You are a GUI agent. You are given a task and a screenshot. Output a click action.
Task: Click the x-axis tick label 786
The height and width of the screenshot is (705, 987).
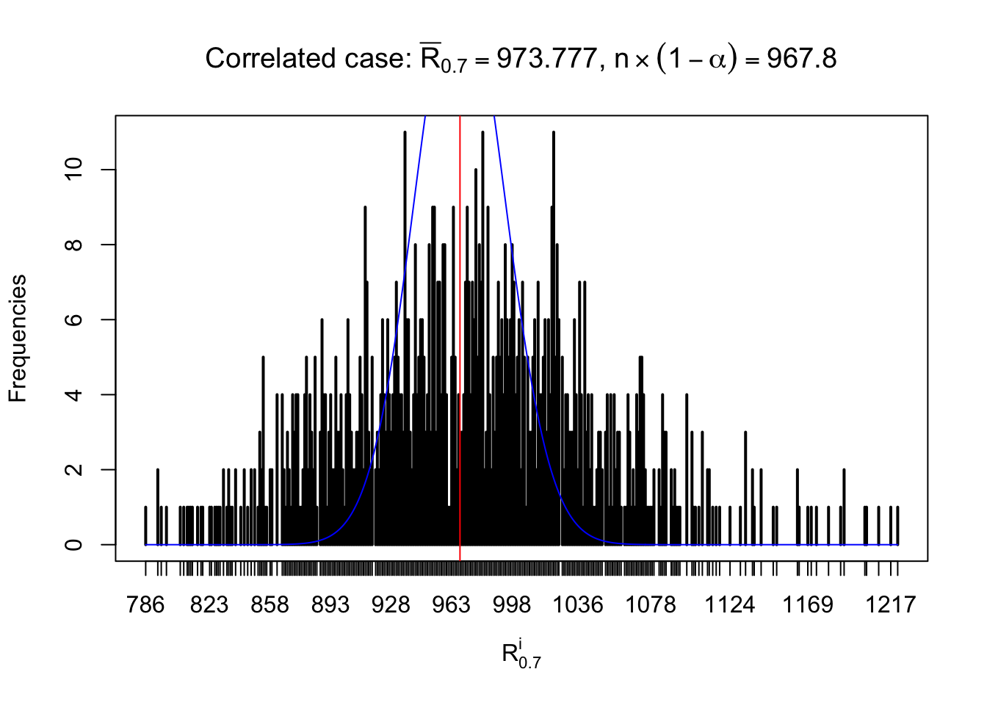pyautogui.click(x=145, y=605)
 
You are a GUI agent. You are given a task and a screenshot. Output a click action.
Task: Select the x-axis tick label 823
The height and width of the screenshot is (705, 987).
pyautogui.click(x=209, y=605)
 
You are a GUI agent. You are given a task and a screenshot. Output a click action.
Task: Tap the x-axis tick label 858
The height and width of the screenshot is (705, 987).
pyautogui.click(x=270, y=605)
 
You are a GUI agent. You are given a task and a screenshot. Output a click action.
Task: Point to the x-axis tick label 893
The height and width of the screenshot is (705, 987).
pyautogui.click(x=330, y=605)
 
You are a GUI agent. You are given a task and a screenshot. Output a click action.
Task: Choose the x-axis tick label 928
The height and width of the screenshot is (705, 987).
pyautogui.click(x=391, y=605)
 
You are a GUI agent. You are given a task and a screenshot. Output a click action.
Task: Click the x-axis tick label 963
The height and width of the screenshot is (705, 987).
pyautogui.click(x=451, y=605)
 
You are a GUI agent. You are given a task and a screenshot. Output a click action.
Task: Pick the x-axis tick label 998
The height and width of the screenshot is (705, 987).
pyautogui.click(x=512, y=605)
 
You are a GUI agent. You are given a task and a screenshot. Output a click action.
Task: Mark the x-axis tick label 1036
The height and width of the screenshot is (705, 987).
pyautogui.click(x=577, y=605)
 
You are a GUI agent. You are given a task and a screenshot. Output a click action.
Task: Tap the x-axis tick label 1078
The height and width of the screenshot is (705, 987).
pyautogui.click(x=650, y=605)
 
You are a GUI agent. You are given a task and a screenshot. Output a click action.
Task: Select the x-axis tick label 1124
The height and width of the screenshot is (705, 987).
pyautogui.click(x=729, y=605)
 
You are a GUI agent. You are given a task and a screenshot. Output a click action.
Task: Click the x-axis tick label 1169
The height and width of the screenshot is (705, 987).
pyautogui.click(x=807, y=605)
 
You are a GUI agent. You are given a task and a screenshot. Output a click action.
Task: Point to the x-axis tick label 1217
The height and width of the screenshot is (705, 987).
pyautogui.click(x=890, y=605)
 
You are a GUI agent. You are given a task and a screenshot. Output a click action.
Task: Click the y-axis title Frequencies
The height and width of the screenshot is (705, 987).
pyautogui.click(x=18, y=339)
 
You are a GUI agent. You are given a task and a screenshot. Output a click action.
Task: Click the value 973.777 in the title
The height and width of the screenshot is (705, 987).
pyautogui.click(x=546, y=59)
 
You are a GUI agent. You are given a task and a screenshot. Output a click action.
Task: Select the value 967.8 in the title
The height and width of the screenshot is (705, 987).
pyautogui.click(x=801, y=59)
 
